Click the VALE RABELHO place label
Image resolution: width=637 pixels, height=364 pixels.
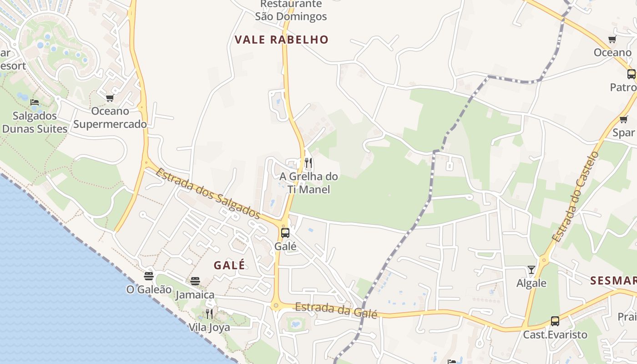coord(281,40)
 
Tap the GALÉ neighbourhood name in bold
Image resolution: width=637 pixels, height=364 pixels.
coord(229,265)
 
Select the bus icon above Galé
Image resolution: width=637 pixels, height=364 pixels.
coord(285,233)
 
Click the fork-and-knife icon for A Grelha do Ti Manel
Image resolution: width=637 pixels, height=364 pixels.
coord(308,163)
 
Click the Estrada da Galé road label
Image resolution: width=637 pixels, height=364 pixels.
coord(336,311)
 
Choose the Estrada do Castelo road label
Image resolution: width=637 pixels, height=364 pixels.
coord(576,197)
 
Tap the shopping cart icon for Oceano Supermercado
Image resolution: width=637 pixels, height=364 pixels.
coord(110,98)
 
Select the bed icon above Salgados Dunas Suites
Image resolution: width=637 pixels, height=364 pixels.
coord(35,102)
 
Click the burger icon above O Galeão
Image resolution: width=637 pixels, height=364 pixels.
coord(149,276)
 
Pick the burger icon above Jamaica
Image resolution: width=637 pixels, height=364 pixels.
coord(195,281)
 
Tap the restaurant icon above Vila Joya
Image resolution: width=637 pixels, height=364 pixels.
coord(209,313)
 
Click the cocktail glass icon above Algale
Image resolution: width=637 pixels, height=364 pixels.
coord(531,270)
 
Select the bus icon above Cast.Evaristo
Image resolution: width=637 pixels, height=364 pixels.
coord(555,321)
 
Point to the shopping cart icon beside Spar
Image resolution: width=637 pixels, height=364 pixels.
coord(623,120)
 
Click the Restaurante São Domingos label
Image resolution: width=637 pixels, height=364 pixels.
coord(291,10)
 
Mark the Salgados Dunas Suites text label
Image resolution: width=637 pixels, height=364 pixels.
coord(35,122)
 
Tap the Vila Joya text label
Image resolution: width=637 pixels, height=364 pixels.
coord(209,328)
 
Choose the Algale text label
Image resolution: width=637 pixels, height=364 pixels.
coord(531,283)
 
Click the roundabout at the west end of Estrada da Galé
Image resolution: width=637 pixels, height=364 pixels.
coord(276,306)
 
